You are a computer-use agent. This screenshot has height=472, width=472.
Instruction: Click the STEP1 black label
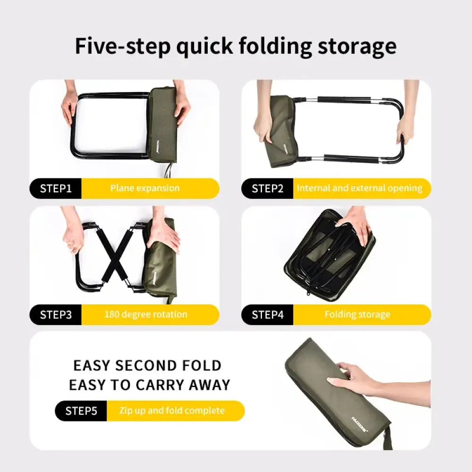[56, 189]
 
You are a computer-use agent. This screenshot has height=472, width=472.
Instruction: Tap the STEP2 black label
[268, 189]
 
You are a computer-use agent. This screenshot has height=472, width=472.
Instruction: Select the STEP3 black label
[56, 315]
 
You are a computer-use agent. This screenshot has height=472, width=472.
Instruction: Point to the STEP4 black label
[268, 315]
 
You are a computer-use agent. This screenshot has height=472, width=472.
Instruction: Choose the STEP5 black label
[81, 411]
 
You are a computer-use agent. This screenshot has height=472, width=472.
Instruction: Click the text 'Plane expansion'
[145, 188]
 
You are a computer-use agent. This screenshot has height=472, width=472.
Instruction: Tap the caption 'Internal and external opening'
[359, 188]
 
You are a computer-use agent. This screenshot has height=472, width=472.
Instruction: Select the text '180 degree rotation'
[146, 314]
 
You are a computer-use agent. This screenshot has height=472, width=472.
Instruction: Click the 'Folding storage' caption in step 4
[357, 314]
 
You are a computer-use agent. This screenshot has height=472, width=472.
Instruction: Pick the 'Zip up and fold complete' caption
[171, 411]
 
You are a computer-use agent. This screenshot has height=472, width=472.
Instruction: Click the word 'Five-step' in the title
[123, 46]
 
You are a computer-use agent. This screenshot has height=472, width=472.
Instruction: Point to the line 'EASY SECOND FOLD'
[147, 366]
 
